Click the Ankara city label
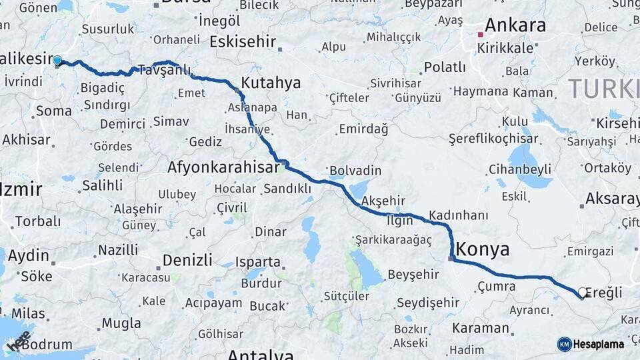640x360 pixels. tap(515, 25)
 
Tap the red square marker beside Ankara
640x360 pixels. tap(480, 34)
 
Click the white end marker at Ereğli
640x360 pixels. tap(583, 292)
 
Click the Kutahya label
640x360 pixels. tap(270, 83)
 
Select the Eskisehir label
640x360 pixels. tap(242, 41)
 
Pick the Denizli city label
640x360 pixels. tap(187, 259)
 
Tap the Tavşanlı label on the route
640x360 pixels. tap(164, 70)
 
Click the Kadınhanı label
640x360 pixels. tap(458, 215)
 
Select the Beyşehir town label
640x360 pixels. tap(413, 274)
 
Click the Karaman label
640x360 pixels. tap(480, 328)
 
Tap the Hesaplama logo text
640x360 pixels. tap(599, 344)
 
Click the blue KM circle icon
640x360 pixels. tap(564, 344)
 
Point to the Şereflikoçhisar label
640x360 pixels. tap(484, 138)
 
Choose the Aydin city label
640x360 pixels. tap(29, 255)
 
